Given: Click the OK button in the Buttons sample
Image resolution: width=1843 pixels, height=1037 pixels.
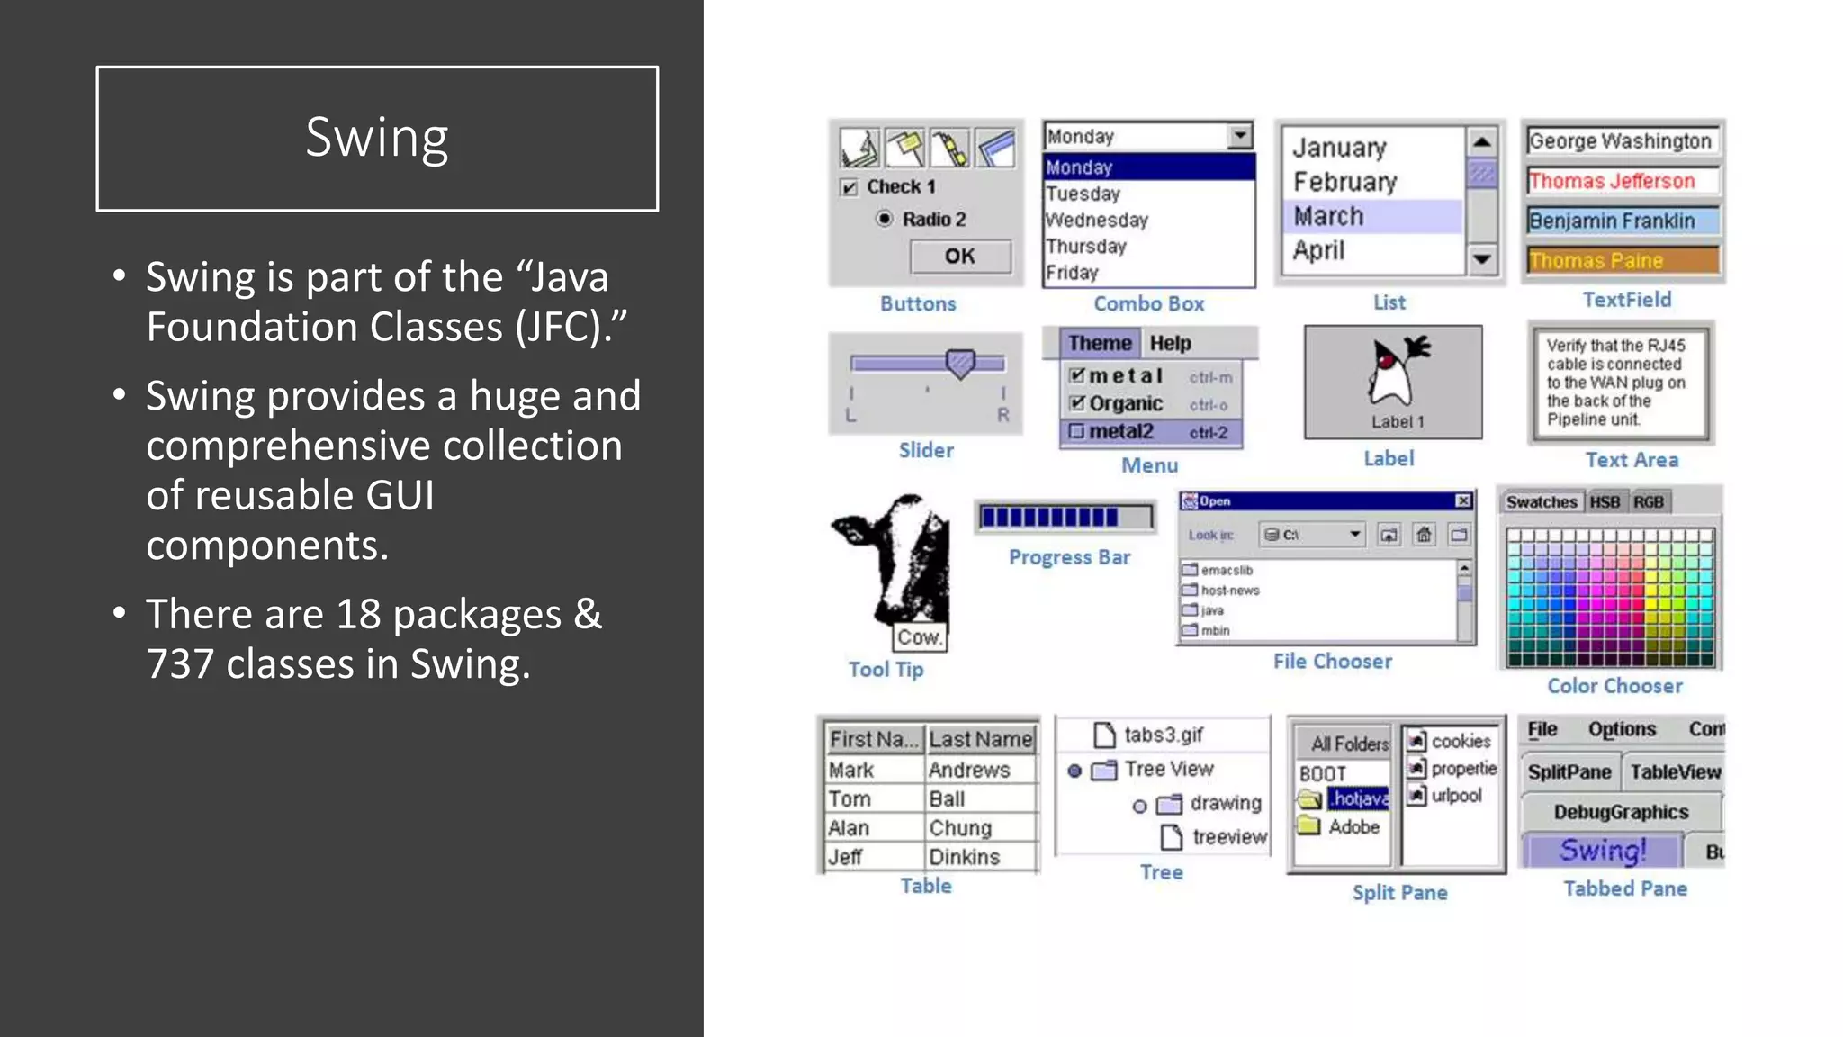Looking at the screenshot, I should [959, 257].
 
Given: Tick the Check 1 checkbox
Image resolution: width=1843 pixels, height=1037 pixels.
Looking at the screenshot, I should [849, 187].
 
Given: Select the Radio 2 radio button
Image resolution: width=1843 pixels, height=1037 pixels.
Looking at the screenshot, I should [885, 219].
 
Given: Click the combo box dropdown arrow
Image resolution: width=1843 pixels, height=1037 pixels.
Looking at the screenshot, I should [1240, 136].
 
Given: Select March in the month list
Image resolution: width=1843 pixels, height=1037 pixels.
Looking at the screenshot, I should [1329, 216].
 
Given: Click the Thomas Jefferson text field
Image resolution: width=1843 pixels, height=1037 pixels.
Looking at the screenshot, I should [1622, 181].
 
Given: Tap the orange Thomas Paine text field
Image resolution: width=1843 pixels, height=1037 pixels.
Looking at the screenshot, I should [1622, 260].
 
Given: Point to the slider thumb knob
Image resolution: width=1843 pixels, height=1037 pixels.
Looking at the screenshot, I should [960, 363].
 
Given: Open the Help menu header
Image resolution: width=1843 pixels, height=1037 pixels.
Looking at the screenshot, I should [1170, 343].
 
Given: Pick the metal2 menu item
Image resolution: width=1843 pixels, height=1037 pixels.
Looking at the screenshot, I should [1121, 431].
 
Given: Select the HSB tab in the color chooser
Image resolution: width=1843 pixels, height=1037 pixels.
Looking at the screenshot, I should [1605, 501].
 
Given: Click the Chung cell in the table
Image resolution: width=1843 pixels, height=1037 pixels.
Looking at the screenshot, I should [961, 827].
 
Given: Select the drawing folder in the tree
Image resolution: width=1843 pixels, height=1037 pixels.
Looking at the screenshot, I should [1225, 803].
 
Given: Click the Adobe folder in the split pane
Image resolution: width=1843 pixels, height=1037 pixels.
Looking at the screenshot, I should [1353, 826].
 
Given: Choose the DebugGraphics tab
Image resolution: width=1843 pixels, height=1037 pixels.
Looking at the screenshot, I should [1620, 812].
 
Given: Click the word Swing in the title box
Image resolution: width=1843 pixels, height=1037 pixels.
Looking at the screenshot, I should [377, 138].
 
